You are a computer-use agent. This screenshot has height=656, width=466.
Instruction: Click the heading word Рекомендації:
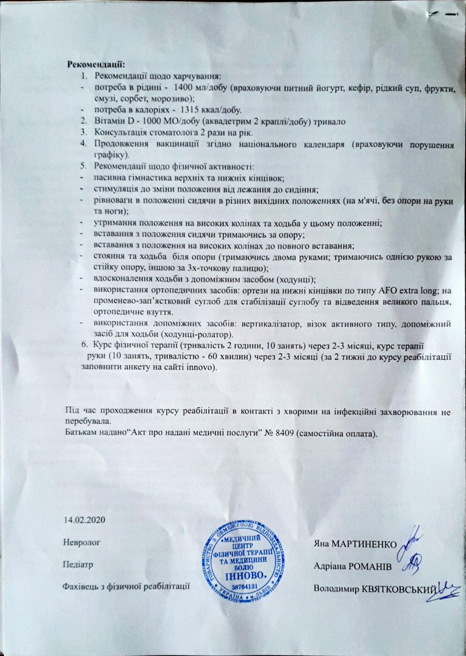(96, 65)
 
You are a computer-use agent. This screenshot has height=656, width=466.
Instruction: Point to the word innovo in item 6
(200, 368)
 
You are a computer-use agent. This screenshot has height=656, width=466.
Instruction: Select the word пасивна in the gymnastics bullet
(109, 177)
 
